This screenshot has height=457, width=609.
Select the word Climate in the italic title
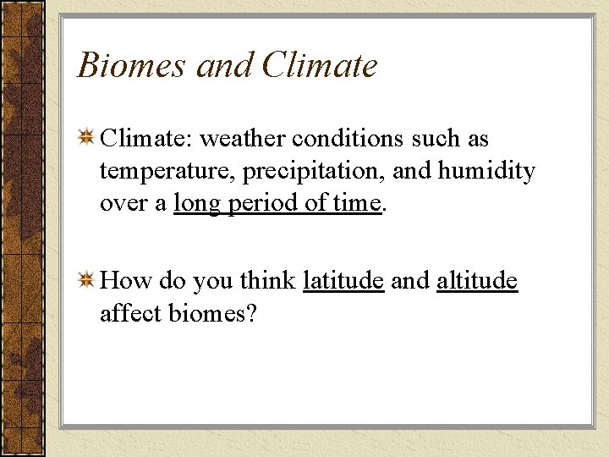tap(320, 66)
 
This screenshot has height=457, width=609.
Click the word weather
tap(244, 139)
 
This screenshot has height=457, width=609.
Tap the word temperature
tap(167, 172)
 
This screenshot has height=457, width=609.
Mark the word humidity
tap(486, 172)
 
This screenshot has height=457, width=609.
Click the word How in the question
tap(124, 281)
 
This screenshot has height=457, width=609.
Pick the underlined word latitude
tap(343, 281)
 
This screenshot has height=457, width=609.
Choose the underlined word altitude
tap(477, 281)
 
